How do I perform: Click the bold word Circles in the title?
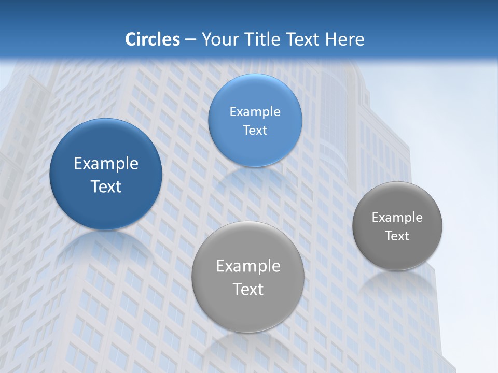tap(153, 39)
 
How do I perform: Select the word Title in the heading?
tap(261, 39)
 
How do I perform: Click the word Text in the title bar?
tap(302, 39)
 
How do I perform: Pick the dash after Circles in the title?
tap(190, 40)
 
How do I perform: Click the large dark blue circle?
tap(106, 174)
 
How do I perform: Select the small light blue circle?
tap(255, 120)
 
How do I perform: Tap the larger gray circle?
tap(247, 277)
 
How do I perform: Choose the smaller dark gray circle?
tap(397, 226)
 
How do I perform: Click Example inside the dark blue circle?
tap(106, 164)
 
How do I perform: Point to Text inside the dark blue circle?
tap(106, 187)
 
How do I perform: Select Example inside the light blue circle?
tap(255, 111)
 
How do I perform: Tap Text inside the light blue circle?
tap(255, 131)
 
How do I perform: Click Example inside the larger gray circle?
tap(248, 266)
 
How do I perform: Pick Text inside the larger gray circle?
tap(248, 289)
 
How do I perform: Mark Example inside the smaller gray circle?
tap(397, 217)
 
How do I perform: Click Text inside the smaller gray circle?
tap(397, 236)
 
